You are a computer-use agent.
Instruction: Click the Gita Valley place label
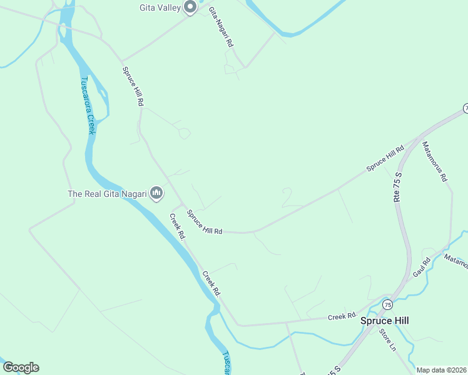pyautogui.click(x=160, y=7)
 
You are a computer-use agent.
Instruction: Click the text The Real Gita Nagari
pyautogui.click(x=107, y=194)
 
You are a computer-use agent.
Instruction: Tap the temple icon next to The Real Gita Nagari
pyautogui.click(x=157, y=193)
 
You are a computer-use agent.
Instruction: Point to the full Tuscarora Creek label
pyautogui.click(x=87, y=106)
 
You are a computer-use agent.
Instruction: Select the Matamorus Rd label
pyautogui.click(x=435, y=161)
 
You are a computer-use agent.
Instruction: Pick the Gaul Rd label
pyautogui.click(x=422, y=267)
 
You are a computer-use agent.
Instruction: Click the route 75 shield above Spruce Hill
pyautogui.click(x=388, y=305)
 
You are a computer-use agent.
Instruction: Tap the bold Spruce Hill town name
pyautogui.click(x=385, y=320)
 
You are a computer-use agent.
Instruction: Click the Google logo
pyautogui.click(x=21, y=367)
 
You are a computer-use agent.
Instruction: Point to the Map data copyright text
pyautogui.click(x=442, y=370)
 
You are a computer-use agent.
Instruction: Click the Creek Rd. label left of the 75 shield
pyautogui.click(x=342, y=316)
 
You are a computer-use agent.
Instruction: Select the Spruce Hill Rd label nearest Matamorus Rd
pyautogui.click(x=385, y=159)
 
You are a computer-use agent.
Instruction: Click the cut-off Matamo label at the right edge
pyautogui.click(x=456, y=261)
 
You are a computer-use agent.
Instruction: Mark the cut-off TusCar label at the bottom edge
pyautogui.click(x=226, y=363)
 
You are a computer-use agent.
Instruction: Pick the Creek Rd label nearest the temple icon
pyautogui.click(x=178, y=227)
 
